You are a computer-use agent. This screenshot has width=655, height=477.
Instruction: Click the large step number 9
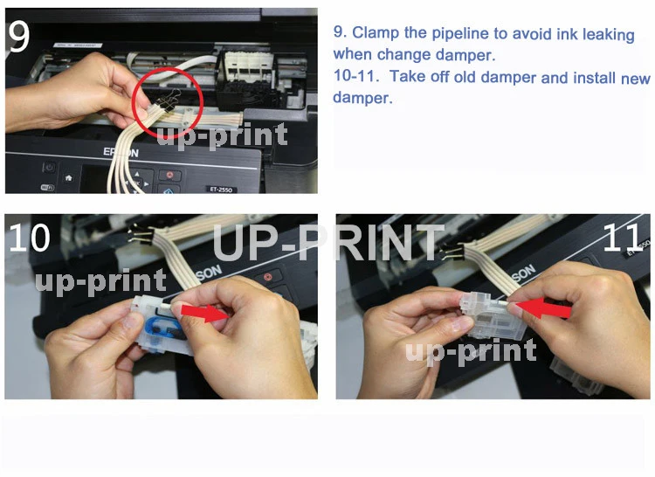tap(18, 37)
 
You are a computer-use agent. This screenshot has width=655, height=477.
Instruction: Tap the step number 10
tap(29, 238)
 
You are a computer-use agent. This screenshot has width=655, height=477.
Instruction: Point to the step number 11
tap(622, 238)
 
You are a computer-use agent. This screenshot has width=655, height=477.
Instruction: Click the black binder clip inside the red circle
tap(170, 101)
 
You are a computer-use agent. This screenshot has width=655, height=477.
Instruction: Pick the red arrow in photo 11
tap(544, 308)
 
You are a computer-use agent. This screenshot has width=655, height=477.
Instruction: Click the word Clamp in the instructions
tap(376, 32)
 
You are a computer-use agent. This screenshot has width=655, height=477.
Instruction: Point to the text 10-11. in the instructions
tap(356, 76)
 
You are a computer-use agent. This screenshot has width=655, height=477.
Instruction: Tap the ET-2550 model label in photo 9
tap(221, 190)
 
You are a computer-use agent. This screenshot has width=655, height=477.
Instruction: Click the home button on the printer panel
tap(69, 178)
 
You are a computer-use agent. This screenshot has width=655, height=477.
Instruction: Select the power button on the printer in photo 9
tap(49, 168)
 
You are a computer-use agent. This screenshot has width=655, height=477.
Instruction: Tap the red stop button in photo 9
tap(170, 175)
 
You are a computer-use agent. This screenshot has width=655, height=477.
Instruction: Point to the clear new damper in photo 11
tap(492, 315)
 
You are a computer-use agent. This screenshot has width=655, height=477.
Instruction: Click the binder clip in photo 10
tap(139, 235)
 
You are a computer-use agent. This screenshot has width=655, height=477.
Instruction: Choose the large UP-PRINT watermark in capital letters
tap(328, 242)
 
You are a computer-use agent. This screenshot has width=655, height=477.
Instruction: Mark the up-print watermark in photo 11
tap(471, 352)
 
